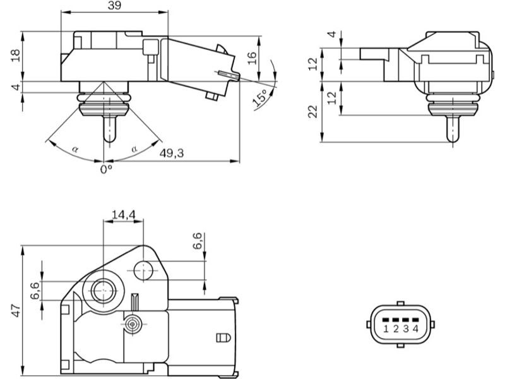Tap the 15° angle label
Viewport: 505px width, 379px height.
tap(259, 98)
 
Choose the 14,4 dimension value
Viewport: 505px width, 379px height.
tap(123, 215)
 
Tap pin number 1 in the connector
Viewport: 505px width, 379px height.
tap(386, 328)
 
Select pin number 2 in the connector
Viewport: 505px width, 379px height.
tap(396, 328)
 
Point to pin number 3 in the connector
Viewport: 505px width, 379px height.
tap(406, 328)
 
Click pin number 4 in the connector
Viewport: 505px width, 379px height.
tap(415, 328)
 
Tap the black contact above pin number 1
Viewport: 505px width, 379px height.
tap(386, 319)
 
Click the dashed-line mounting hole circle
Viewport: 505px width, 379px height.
tap(144, 271)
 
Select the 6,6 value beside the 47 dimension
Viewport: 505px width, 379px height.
tap(35, 291)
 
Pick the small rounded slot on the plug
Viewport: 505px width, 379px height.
tap(222, 337)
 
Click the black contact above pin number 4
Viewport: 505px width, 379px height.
tap(415, 319)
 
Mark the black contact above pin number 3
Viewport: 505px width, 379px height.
tap(406, 319)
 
